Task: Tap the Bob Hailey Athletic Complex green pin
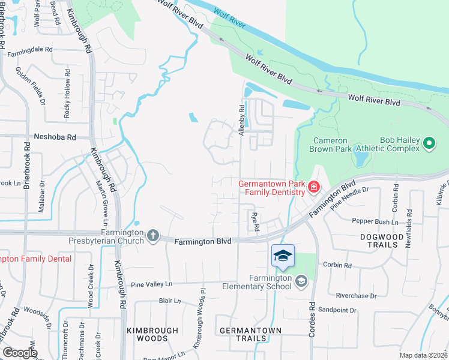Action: click(x=429, y=143)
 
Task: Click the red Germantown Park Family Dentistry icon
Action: click(x=313, y=188)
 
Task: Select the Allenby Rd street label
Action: click(x=243, y=120)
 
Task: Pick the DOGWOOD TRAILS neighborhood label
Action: click(x=382, y=241)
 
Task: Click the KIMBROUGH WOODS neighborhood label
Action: click(x=152, y=335)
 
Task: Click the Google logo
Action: click(x=19, y=353)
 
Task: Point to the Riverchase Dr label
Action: click(x=356, y=296)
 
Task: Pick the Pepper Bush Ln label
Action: click(x=378, y=222)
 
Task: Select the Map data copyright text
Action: click(x=423, y=355)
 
